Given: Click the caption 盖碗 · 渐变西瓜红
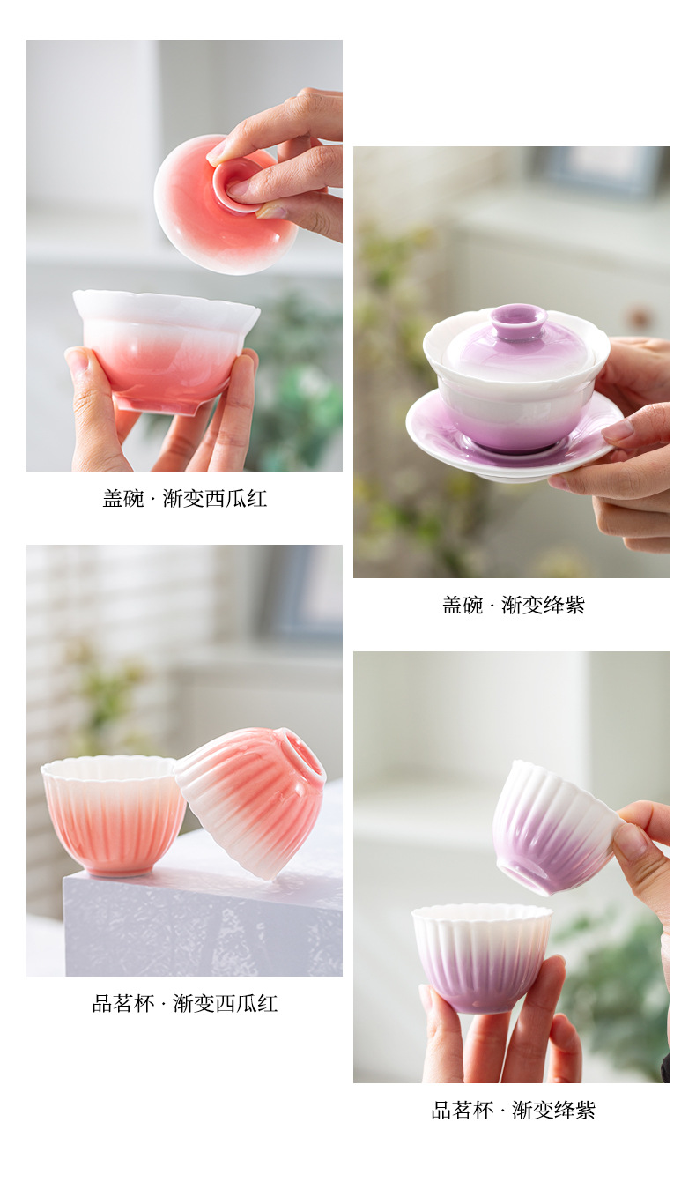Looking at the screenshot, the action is tap(184, 499).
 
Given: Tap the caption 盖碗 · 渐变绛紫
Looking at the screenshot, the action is tap(513, 606).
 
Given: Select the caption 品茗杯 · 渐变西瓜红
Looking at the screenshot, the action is tap(184, 1004).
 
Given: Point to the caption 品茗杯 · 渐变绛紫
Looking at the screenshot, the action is tap(513, 1111).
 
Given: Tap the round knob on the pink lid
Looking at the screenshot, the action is tap(236, 185).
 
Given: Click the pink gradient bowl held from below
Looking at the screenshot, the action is tap(166, 348).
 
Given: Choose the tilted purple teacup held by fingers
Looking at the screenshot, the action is tap(552, 829).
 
